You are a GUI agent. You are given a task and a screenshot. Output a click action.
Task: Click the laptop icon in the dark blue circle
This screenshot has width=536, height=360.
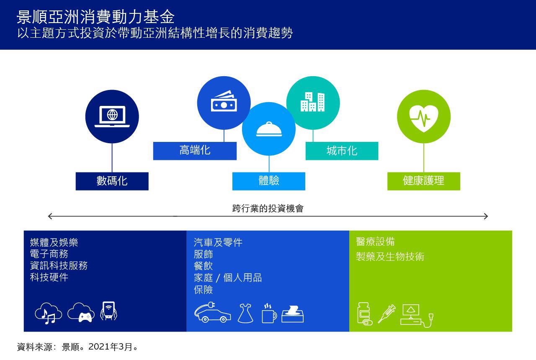[112, 116]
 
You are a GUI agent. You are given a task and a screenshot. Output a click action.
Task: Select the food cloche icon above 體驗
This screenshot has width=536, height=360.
[269, 129]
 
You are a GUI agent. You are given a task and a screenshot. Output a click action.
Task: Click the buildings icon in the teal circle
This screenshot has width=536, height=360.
[312, 102]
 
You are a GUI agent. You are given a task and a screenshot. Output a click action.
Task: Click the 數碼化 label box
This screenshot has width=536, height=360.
[112, 181]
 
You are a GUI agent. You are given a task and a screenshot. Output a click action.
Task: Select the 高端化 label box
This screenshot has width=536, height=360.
[195, 151]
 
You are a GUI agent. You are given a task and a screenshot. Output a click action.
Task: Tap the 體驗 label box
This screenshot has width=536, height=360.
[269, 181]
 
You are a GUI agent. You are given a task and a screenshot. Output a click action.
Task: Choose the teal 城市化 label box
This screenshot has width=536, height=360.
[342, 151]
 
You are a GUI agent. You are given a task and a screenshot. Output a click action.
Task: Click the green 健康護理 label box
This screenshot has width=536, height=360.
[424, 181]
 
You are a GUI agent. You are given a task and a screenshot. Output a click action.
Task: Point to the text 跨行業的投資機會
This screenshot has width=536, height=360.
[268, 208]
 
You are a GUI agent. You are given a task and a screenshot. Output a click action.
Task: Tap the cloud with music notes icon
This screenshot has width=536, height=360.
[49, 313]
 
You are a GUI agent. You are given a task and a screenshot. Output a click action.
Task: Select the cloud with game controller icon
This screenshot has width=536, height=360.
[81, 312]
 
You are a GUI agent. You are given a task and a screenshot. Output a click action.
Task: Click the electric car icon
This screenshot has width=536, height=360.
[212, 312]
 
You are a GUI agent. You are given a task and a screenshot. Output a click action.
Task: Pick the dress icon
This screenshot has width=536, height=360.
[245, 313]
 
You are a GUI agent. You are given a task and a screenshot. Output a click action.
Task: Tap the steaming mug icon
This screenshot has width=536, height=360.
[269, 314]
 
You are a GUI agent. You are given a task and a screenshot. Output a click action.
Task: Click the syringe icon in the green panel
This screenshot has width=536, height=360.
[387, 314]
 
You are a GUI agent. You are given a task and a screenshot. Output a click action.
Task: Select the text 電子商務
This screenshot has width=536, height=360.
[49, 254]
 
